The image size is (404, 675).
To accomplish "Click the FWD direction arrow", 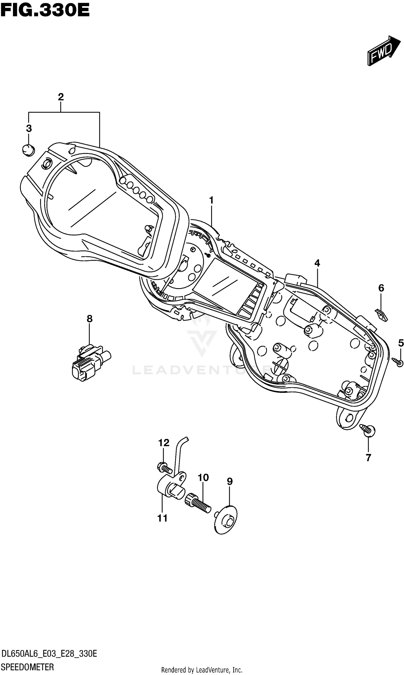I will click(x=384, y=51).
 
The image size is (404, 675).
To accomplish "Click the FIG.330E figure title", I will click(x=45, y=10).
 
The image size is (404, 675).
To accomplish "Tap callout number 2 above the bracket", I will click(x=61, y=97).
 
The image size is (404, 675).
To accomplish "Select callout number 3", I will click(x=29, y=128).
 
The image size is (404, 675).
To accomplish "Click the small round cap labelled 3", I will click(x=29, y=150).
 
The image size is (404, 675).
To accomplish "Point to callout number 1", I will click(x=211, y=200).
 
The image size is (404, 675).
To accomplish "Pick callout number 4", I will click(x=317, y=263).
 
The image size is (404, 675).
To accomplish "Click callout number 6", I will click(x=381, y=288).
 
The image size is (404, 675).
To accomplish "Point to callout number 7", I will click(x=368, y=458).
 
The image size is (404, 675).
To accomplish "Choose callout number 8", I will click(x=90, y=318).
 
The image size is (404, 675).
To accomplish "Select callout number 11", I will click(x=162, y=518).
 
